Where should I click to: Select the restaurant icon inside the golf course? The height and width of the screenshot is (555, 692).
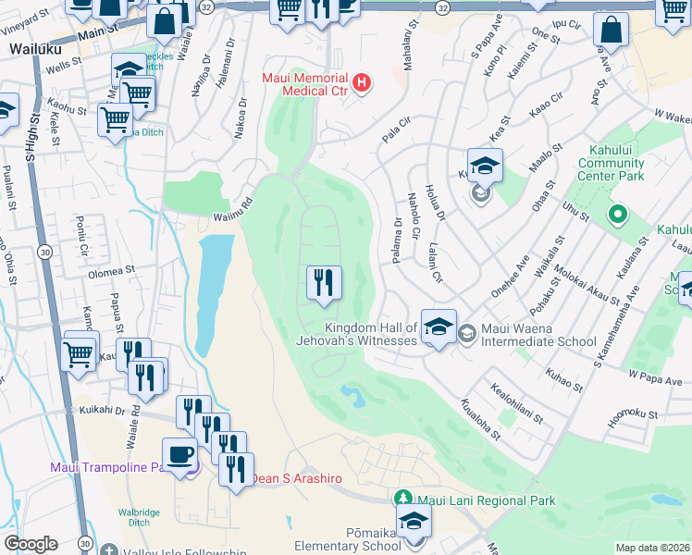pyautogui.click(x=324, y=283)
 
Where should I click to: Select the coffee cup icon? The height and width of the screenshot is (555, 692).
pyautogui.click(x=179, y=455)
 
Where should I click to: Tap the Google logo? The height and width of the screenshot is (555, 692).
pyautogui.click(x=31, y=544)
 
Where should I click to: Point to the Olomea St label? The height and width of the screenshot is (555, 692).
pyautogui.click(x=111, y=273)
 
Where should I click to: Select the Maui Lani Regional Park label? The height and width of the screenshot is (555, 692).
pyautogui.click(x=487, y=500)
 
